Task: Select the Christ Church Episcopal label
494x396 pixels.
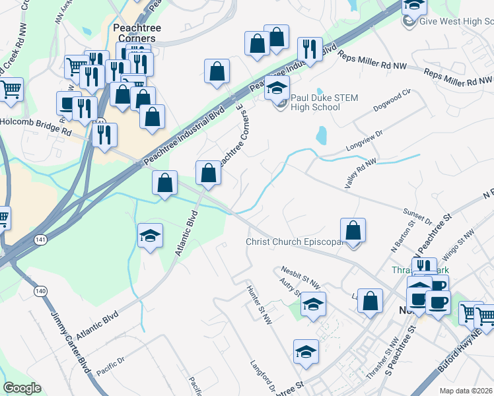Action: (293, 242)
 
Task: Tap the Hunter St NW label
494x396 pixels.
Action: (259, 304)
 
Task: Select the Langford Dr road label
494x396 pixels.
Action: (264, 375)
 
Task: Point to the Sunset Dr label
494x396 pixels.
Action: (417, 216)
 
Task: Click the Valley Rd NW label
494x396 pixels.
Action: (361, 174)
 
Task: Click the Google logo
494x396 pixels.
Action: (22, 388)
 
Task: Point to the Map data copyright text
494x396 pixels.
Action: (466, 391)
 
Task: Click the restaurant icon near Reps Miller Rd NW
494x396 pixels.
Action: (309, 48)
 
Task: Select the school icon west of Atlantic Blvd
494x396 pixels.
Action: (150, 235)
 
